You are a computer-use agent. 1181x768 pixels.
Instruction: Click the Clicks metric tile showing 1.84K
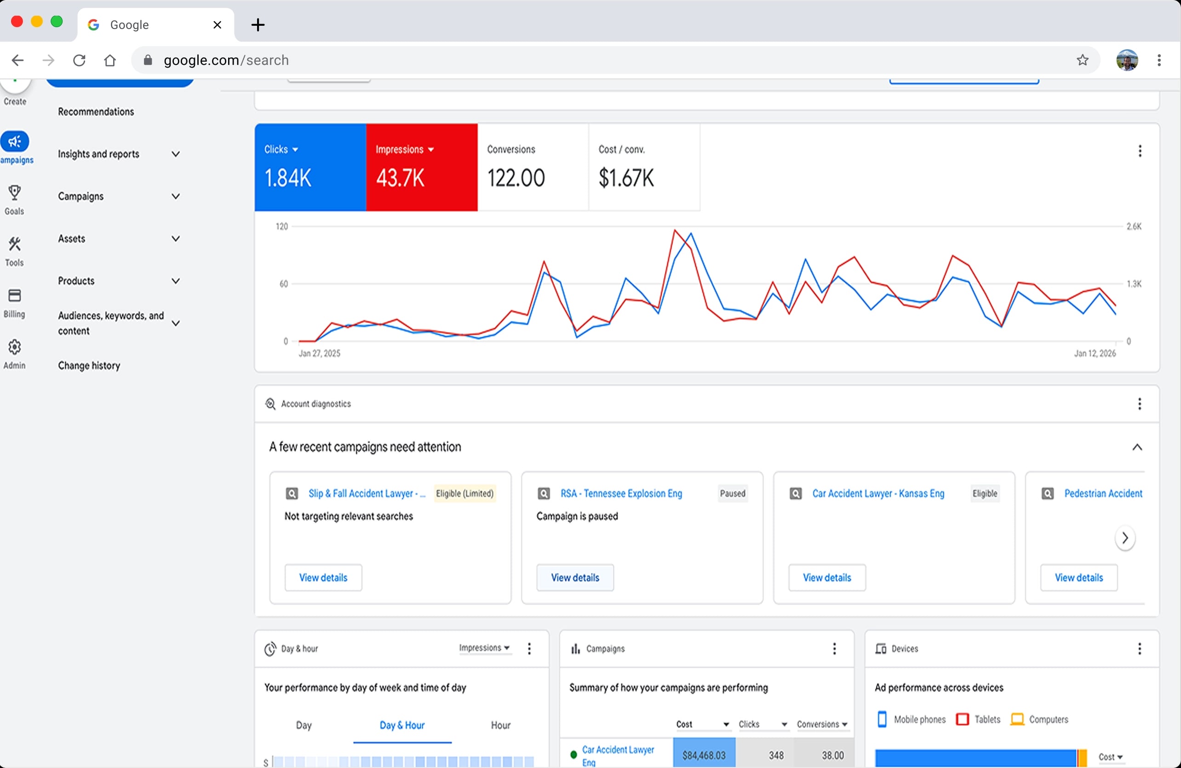click(310, 167)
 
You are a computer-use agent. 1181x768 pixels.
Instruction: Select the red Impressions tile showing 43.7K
click(422, 167)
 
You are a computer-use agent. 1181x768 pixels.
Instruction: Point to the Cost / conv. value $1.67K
click(626, 178)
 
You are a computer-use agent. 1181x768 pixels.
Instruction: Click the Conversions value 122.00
click(516, 178)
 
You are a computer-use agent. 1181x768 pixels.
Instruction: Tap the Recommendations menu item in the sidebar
click(96, 112)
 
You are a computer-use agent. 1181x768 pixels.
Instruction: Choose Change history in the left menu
click(89, 366)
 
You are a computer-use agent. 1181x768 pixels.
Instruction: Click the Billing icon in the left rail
click(14, 296)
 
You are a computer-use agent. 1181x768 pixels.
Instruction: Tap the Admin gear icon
click(14, 347)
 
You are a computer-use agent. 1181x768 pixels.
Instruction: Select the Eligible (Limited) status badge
click(465, 493)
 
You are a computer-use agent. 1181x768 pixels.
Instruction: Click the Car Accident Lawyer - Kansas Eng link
click(878, 493)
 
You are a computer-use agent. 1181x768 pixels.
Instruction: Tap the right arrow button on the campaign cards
click(1125, 538)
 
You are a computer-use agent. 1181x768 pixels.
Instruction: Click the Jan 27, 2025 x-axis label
click(320, 353)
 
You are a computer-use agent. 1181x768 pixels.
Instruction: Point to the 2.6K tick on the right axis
click(1134, 227)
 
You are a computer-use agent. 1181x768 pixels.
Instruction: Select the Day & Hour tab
click(402, 725)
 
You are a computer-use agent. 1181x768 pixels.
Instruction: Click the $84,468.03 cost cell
click(704, 755)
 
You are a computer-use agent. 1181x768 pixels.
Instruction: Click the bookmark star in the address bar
click(1083, 60)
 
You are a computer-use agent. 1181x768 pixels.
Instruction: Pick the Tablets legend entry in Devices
click(978, 719)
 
